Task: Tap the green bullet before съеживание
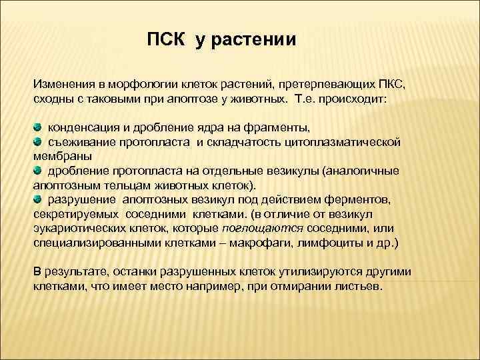point(38,141)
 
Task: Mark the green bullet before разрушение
point(38,199)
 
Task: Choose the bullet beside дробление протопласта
point(38,170)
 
